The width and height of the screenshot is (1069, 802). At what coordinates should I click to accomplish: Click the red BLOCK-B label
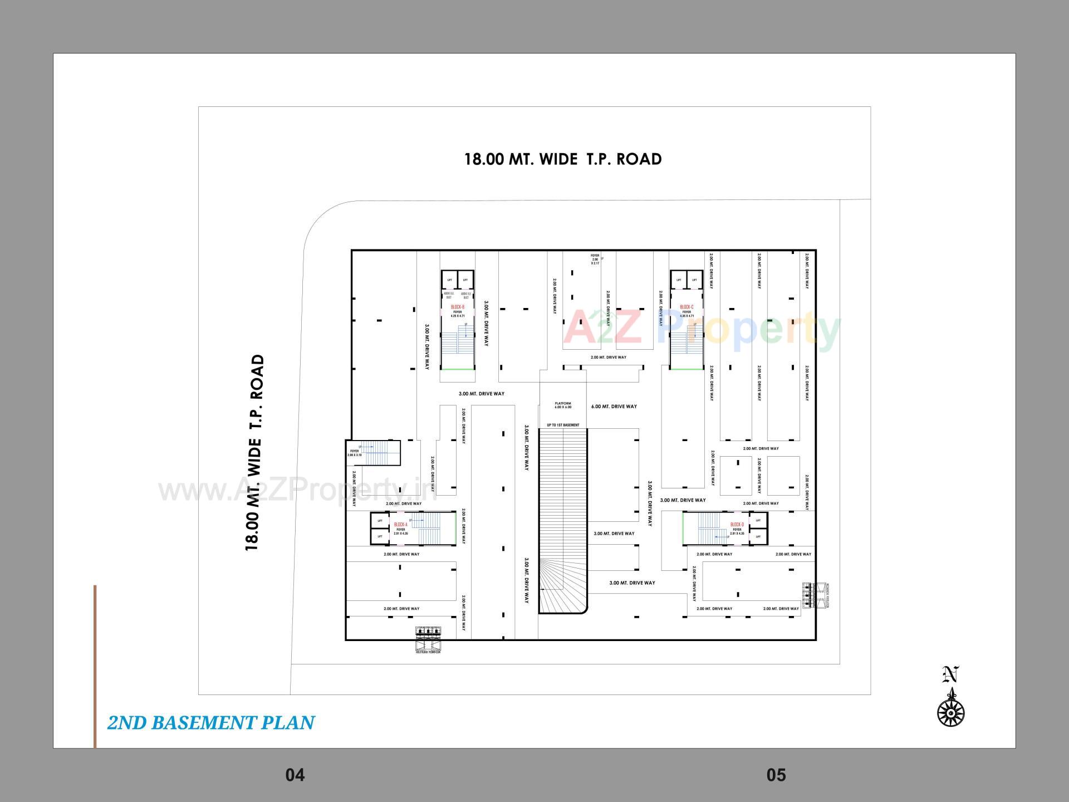[458, 307]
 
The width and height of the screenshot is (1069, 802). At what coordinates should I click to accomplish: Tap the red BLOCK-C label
[686, 307]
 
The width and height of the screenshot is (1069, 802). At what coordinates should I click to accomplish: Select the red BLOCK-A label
[401, 525]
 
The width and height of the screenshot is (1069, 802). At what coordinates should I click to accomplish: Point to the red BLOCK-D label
[737, 525]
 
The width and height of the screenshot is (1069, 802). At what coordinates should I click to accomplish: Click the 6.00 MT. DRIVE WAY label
[614, 407]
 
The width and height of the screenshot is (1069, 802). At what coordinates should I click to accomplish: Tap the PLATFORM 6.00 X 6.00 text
[563, 405]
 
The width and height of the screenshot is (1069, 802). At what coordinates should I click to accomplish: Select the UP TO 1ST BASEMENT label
[563, 425]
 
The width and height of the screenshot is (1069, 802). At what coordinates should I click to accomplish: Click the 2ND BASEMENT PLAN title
[211, 723]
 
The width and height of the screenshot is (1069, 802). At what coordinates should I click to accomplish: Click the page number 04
[295, 775]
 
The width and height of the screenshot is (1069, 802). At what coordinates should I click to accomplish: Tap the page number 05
[776, 775]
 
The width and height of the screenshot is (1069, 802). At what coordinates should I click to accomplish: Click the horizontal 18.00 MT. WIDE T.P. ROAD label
[563, 159]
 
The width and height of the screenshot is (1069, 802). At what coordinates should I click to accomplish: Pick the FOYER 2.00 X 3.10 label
[355, 453]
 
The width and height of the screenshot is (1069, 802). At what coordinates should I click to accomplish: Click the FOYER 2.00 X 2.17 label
[595, 259]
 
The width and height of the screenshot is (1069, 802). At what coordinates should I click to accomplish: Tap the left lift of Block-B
[450, 280]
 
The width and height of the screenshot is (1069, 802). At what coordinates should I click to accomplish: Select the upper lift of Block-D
[758, 520]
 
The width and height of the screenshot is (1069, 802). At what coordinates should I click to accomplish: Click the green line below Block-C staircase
[686, 369]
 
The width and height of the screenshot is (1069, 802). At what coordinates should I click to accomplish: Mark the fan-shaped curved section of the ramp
[560, 590]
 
